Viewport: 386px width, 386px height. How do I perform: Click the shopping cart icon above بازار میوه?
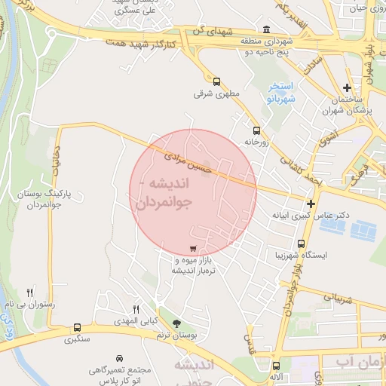[x=194, y=249]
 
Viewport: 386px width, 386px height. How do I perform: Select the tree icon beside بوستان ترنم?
[x=177, y=324]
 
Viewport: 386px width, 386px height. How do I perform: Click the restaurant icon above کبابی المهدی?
[x=136, y=309]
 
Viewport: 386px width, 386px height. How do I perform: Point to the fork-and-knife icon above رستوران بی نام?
[x=30, y=293]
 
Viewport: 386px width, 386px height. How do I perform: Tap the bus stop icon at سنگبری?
[x=77, y=328]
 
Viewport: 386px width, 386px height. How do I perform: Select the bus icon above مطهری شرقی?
[x=217, y=81]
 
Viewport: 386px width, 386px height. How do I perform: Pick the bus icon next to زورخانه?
[x=256, y=130]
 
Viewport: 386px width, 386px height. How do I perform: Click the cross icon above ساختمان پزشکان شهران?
[x=347, y=87]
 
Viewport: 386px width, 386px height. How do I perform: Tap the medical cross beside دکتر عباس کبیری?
[x=311, y=204]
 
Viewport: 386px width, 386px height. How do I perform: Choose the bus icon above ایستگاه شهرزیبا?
[x=302, y=244]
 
